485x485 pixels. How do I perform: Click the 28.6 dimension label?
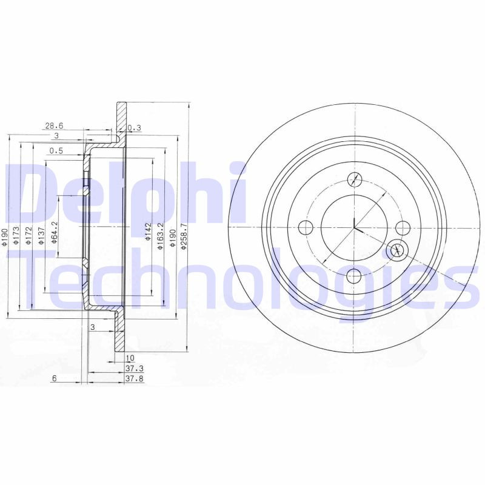click(x=53, y=125)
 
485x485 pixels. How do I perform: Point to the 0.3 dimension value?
click(x=135, y=127)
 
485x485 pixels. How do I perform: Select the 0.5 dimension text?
click(x=56, y=151)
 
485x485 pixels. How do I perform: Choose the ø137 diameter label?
click(x=40, y=234)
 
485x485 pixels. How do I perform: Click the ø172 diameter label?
click(x=28, y=234)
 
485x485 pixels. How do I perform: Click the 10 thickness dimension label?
click(x=130, y=358)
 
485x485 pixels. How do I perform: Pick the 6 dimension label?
click(x=54, y=378)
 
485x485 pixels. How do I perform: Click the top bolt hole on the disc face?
click(x=355, y=179)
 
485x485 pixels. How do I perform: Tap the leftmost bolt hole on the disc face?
click(x=306, y=228)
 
